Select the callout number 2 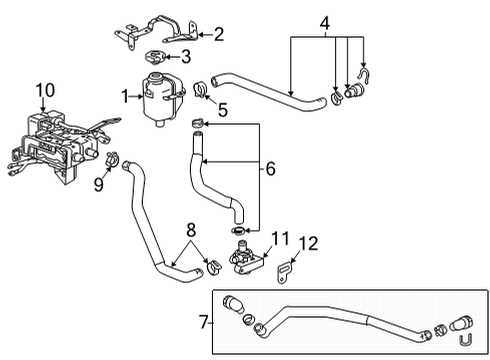(218, 34)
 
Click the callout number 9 (98, 183)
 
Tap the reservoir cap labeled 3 (156, 57)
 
